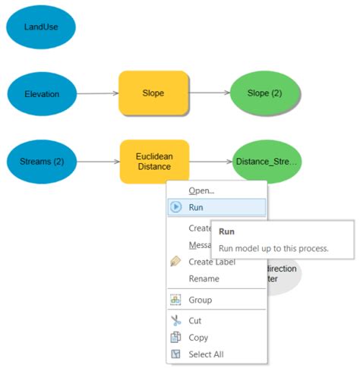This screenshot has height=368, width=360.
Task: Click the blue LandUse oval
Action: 40,27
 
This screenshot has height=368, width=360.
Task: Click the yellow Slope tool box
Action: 153,94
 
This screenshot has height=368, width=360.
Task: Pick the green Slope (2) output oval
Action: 264,94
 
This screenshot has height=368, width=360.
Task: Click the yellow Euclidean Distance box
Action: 154,162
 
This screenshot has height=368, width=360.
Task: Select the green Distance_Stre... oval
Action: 267,161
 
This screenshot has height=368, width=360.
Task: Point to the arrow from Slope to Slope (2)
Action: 210,94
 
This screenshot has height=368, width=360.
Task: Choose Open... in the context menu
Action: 201,190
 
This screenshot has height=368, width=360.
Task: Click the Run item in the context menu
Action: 196,207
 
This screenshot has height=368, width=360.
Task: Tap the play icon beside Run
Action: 175,207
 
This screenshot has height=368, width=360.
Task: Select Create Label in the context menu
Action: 212,262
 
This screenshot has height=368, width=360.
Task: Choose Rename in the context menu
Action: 204,278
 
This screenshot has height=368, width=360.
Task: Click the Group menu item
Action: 200,300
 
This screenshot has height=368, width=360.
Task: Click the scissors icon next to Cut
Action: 175,321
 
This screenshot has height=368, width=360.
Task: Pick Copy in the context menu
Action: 198,338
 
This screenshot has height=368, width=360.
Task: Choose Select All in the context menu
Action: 206,354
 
